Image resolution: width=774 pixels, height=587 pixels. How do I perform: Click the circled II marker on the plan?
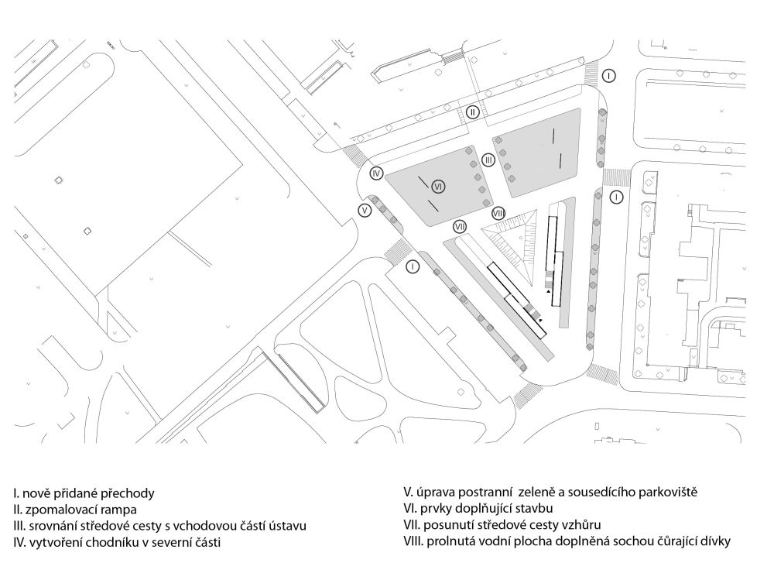[473, 112]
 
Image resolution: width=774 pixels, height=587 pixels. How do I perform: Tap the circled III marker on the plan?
[488, 160]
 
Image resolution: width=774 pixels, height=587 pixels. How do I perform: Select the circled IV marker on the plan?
[377, 173]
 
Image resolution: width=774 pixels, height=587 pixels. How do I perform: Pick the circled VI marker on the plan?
[438, 187]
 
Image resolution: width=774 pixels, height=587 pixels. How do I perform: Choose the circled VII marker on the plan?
[460, 226]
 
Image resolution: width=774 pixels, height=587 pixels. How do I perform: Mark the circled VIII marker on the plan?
[498, 212]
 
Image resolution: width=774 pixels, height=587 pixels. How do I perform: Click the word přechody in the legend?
[128, 493]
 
